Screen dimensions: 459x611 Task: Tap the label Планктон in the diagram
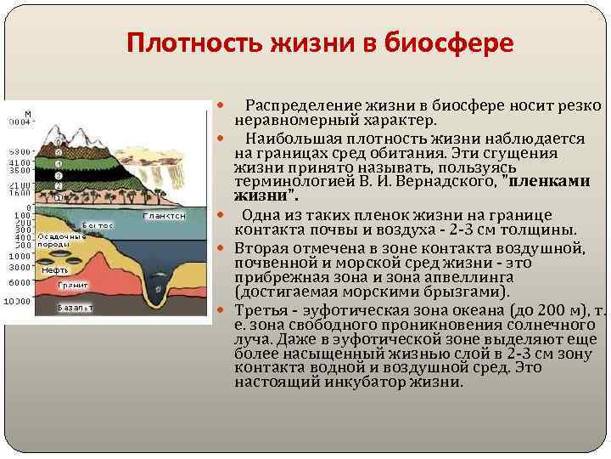point(164,216)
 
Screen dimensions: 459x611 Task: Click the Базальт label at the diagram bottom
point(75,308)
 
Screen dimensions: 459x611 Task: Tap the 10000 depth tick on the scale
point(16,301)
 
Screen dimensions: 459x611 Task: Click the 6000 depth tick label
point(19,282)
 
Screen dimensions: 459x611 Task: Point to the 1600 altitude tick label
point(20,192)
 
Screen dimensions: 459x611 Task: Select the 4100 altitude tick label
point(20,161)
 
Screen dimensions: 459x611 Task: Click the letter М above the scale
point(28,113)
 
